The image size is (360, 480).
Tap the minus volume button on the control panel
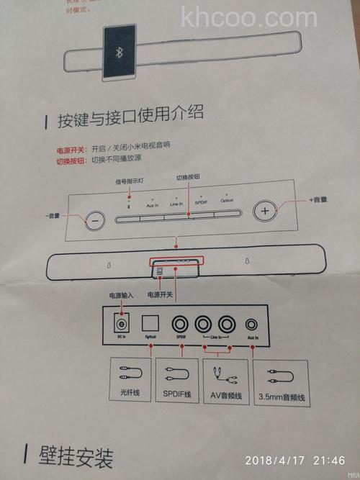coord(93,221)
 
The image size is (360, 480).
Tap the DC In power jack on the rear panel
coord(123,324)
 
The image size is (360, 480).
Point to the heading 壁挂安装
coord(74,456)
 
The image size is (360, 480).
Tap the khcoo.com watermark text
coord(249,16)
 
